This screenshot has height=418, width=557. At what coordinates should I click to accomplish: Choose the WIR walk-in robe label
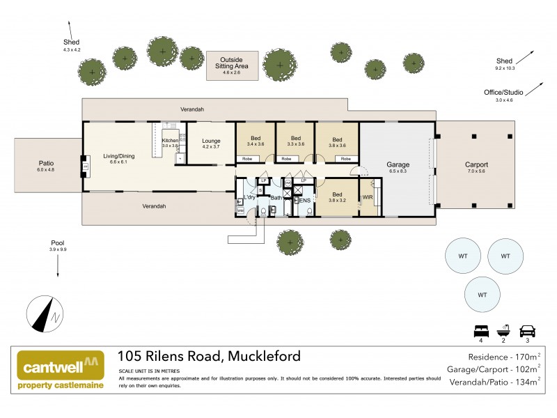click(x=367, y=197)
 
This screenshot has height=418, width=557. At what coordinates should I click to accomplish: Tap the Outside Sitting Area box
click(x=231, y=65)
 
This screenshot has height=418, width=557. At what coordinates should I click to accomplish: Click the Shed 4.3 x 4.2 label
click(x=72, y=46)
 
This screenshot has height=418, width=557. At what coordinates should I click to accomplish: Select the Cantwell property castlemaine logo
click(x=61, y=369)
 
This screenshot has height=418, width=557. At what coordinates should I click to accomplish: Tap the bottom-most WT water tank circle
click(x=482, y=295)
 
